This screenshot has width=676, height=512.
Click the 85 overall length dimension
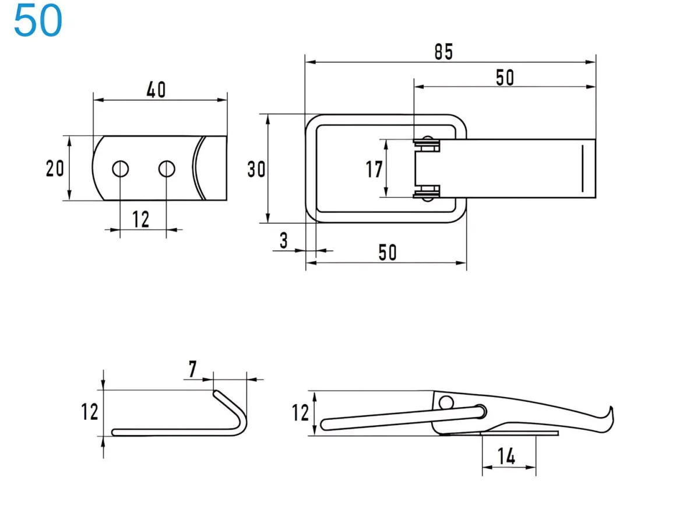443,52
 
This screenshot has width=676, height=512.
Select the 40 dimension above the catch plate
156,90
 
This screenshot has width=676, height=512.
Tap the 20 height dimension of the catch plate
55,169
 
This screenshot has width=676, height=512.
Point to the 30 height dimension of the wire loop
256,169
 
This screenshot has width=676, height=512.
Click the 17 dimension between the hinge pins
374,169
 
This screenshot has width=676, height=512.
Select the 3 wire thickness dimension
283,241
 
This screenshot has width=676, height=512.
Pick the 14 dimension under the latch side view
506,457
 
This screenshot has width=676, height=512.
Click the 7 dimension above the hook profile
192,369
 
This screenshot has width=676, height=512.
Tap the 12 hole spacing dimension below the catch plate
140,219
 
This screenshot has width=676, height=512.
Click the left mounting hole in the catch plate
121,169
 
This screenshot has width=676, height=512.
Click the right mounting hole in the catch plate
167,169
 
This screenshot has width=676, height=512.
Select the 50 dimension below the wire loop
387,253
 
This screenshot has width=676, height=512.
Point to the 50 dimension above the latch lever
505,78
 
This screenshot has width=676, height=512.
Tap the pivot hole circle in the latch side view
447,402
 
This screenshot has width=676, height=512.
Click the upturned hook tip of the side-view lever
611,411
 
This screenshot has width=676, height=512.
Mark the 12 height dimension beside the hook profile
90,412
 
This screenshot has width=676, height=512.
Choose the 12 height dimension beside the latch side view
301,413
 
